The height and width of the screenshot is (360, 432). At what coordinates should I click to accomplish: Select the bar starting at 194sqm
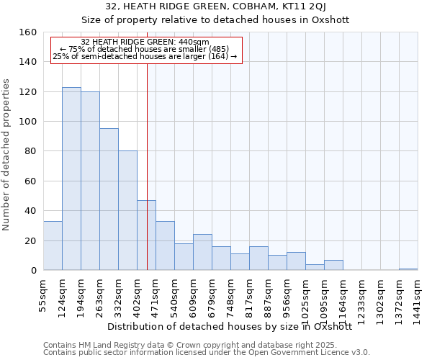(90, 181)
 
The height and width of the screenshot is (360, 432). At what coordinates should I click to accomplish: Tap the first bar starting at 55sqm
(53, 246)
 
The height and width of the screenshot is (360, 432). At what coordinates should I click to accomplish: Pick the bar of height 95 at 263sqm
(109, 199)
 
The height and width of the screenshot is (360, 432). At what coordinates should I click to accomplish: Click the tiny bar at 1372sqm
(408, 269)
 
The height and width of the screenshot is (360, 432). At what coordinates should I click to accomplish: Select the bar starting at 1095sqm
(333, 265)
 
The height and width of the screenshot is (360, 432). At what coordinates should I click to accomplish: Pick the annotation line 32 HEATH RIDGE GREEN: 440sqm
(145, 42)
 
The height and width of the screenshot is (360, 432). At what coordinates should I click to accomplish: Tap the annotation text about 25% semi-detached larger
(145, 56)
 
